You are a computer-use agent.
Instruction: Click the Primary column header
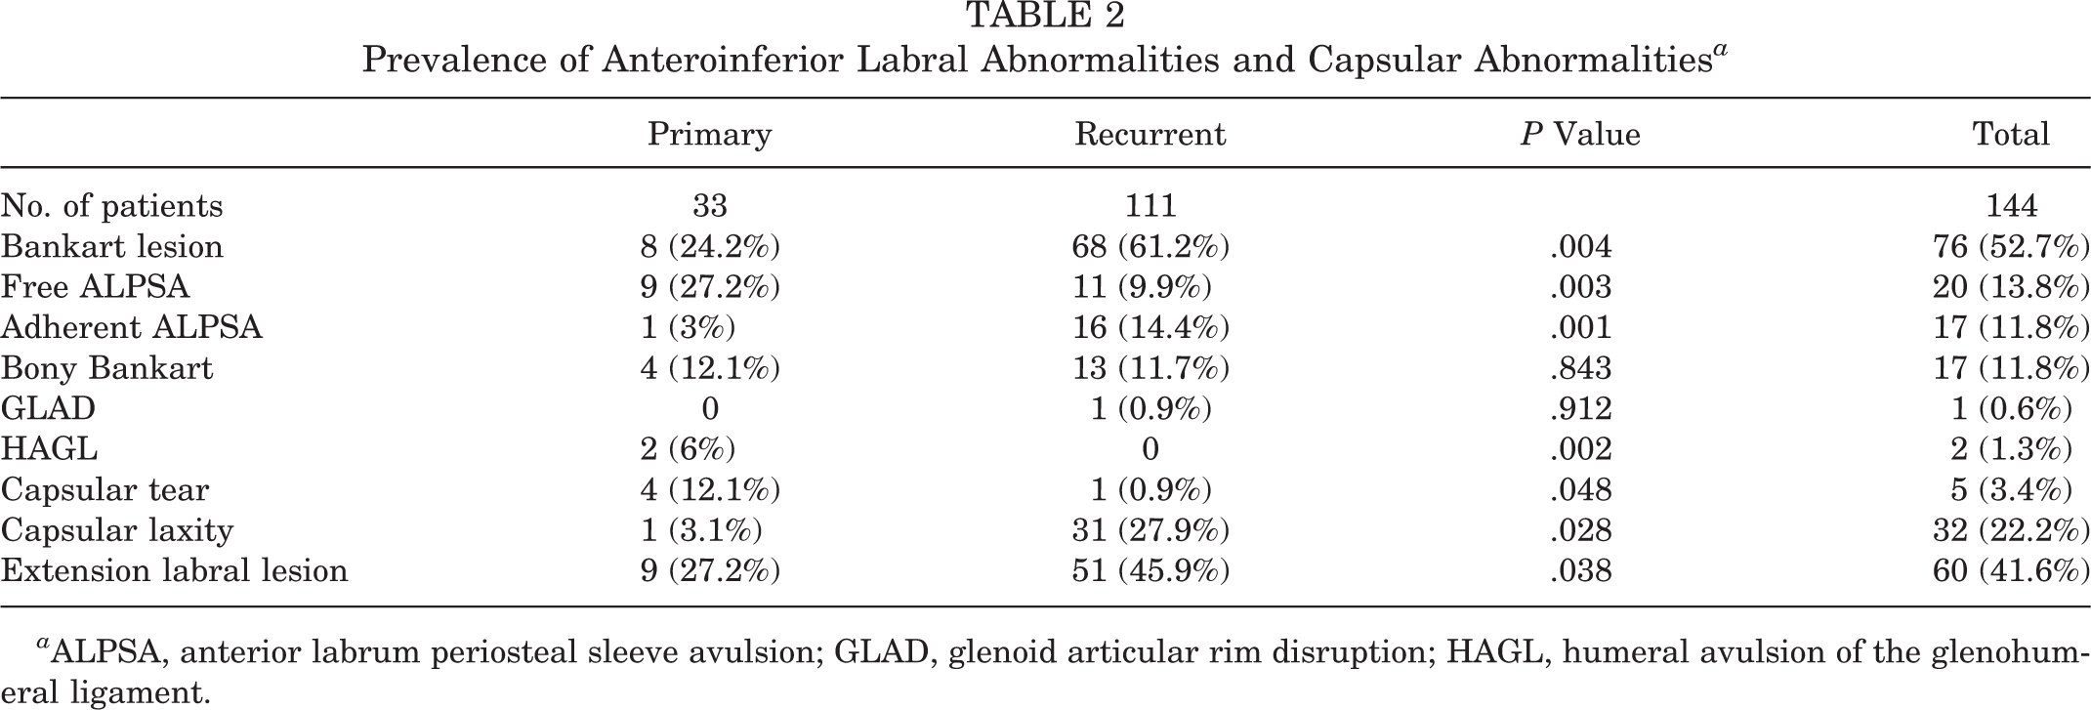[x=709, y=134]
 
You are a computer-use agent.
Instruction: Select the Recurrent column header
[x=1150, y=134]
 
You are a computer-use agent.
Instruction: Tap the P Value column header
[x=1580, y=134]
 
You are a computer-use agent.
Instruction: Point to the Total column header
[x=2011, y=134]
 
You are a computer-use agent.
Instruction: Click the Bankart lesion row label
[x=112, y=246]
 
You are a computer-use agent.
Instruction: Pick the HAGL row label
[x=50, y=448]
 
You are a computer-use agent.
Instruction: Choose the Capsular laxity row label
[x=117, y=530]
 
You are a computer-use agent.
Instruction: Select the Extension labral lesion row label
[x=175, y=570]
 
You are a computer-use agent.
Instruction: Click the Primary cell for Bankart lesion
[x=710, y=246]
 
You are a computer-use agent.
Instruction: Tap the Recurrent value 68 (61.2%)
[x=1150, y=246]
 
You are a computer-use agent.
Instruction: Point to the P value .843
[x=1580, y=368]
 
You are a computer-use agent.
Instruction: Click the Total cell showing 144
[x=2011, y=206]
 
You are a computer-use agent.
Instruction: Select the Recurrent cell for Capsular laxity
[x=1150, y=530]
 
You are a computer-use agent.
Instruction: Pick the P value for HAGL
[x=1580, y=449]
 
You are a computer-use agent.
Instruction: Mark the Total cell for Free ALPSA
[x=2011, y=287]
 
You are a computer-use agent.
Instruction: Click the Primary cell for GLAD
[x=710, y=408]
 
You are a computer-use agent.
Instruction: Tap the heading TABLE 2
[x=1045, y=16]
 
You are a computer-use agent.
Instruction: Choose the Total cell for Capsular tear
[x=2011, y=489]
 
